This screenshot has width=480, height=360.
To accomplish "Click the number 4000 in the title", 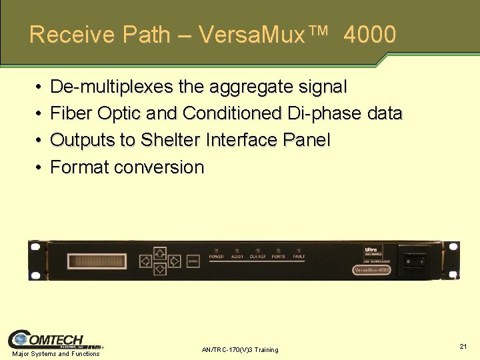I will tap(370, 35).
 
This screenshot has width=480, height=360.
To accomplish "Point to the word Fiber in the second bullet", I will tap(71, 113).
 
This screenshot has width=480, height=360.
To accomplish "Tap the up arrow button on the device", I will tap(160, 253).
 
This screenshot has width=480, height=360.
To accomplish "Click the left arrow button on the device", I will tap(145, 261).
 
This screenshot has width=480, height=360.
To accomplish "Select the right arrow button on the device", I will tap(175, 261).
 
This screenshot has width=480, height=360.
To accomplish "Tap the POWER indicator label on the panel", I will tap(217, 257).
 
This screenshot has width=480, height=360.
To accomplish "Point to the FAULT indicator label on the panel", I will tap(299, 257).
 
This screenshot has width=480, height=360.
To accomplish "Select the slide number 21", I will tap(463, 346).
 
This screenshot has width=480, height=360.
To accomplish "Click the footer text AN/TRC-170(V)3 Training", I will tap(240, 350).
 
